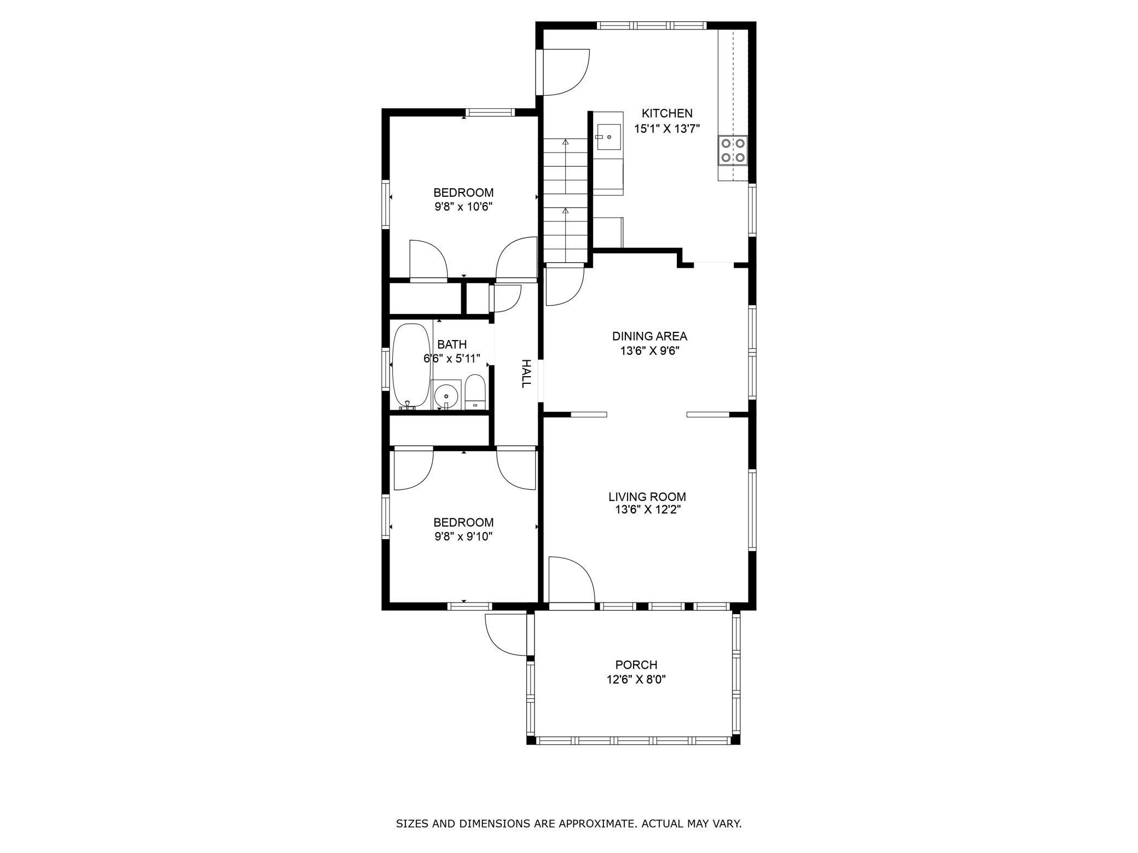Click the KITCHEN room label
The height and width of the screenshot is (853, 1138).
pos(666,114)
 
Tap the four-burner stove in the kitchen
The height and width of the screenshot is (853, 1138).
pos(733,151)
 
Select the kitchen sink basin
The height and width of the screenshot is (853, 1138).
pos(608,137)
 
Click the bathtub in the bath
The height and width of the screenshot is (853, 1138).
pos(411,365)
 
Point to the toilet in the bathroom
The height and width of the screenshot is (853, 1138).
pos(474,392)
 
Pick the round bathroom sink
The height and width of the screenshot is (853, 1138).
pos(446,395)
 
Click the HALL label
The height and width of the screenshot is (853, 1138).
pos(525,373)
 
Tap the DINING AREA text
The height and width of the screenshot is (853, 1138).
pos(649,336)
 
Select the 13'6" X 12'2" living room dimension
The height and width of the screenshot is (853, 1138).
pos(647,510)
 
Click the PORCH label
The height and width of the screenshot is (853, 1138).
pos(636,665)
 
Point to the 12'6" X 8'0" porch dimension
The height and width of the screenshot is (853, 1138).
pos(636,680)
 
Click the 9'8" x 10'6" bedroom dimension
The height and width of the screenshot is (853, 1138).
pos(463,207)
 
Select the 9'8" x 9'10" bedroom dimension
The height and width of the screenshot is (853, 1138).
pos(463,536)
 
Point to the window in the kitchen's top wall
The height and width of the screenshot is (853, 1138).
pos(651,25)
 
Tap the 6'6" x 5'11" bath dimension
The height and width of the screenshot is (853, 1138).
pos(452,359)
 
